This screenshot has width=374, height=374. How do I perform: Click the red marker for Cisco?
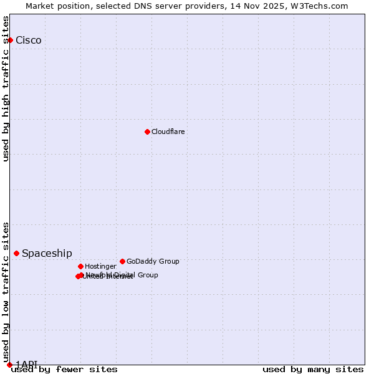[10, 40]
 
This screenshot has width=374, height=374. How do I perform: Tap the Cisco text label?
[29, 41]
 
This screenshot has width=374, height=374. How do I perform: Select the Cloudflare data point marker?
[147, 132]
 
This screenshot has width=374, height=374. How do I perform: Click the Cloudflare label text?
[168, 132]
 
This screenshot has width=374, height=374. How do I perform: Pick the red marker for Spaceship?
[16, 253]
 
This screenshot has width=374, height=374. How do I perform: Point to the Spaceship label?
[47, 254]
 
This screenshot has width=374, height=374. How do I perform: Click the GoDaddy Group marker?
[122, 261]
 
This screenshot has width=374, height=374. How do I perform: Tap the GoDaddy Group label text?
[153, 262]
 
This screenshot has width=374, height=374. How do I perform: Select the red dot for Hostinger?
[80, 266]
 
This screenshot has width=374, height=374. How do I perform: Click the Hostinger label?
[100, 267]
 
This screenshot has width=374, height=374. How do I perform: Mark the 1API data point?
[9, 365]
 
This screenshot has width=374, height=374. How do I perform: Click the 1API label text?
[27, 364]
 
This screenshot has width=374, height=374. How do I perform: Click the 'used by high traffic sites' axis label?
[6, 89]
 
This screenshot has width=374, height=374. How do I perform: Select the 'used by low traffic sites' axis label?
[6, 292]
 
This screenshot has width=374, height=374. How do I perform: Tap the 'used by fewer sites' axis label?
[64, 370]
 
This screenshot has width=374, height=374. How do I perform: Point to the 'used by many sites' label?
[313, 370]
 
